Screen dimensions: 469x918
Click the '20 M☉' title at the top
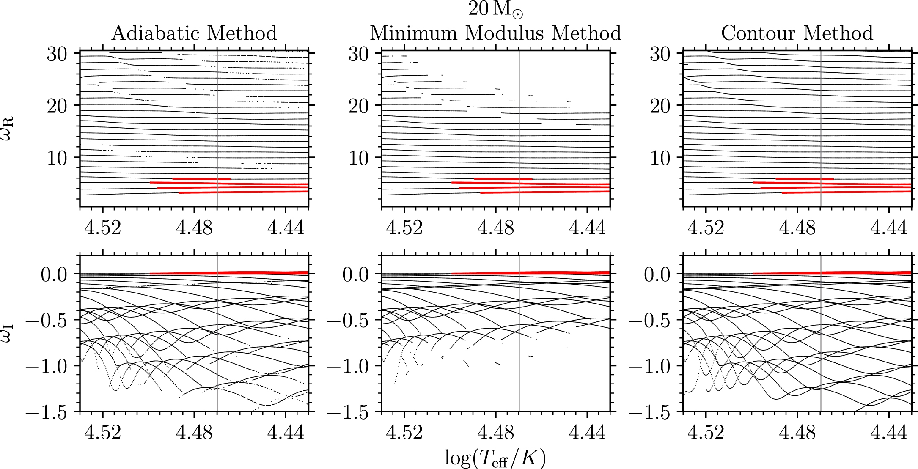point(495,9)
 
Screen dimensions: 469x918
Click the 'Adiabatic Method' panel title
point(194,33)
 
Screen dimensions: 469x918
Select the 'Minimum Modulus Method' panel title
point(495,33)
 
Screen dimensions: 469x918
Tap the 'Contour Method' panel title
point(797,33)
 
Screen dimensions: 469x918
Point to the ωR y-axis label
point(7,122)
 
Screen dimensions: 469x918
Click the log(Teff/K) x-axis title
point(495,458)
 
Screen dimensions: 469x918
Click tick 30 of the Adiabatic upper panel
point(57,54)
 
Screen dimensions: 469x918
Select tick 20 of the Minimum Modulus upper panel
point(358,106)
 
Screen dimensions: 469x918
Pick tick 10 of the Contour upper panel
point(660,158)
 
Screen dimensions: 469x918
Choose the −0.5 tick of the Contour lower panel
point(650,321)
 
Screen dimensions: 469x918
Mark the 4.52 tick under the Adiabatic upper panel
point(103,228)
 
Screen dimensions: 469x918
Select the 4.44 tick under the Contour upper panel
point(888,228)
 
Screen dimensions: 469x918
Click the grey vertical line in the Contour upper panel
point(821,127)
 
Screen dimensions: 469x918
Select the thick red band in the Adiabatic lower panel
point(254,273)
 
